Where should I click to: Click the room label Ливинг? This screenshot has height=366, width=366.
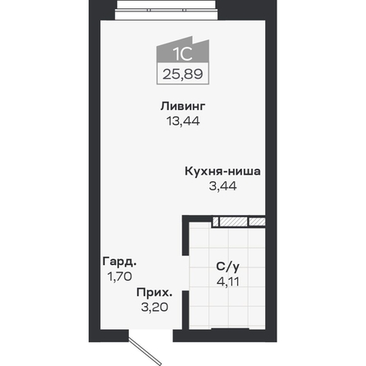tap(183, 106)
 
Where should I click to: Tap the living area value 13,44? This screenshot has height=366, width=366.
tap(183, 121)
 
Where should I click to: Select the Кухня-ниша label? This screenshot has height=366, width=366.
tap(222, 172)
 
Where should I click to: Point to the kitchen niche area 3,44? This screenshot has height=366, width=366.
tap(223, 186)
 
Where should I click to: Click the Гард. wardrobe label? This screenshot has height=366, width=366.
tap(120, 262)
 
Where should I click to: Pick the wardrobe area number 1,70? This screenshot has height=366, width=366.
tap(120, 277)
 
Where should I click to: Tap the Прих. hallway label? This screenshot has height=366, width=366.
tap(154, 292)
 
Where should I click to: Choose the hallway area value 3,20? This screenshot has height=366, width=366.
tap(154, 307)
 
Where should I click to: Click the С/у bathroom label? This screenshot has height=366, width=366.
tap(227, 266)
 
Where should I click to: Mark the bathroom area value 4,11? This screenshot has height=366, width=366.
tap(228, 281)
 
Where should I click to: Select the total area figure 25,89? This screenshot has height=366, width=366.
tap(183, 74)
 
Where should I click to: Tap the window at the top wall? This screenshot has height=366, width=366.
tap(167, 10)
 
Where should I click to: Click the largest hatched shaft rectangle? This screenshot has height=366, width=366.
tap(234, 222)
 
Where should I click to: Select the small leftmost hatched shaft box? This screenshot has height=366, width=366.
tap(216, 222)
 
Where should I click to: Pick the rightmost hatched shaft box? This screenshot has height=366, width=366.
tap(257, 222)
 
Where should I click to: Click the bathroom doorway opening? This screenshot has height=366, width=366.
tap(185, 273)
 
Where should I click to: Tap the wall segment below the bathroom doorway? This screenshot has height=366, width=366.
tap(185, 310)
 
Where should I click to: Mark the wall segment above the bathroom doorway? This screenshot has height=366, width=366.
tap(185, 236)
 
